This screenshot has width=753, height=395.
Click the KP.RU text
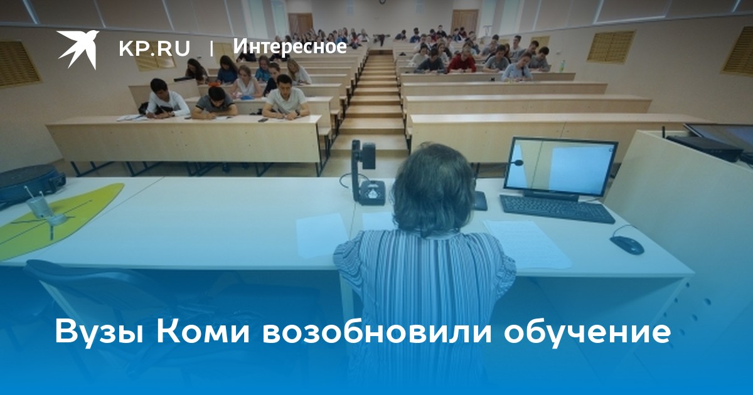tap(154, 48)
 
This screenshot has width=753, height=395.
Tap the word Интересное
tap(290, 46)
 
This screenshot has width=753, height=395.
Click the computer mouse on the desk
tap(627, 245)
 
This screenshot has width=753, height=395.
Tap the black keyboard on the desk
tap(557, 209)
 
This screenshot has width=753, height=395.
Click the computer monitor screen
tap(562, 168)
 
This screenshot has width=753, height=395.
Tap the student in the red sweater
tap(462, 60)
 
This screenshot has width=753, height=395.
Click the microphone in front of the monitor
tap(516, 163)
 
